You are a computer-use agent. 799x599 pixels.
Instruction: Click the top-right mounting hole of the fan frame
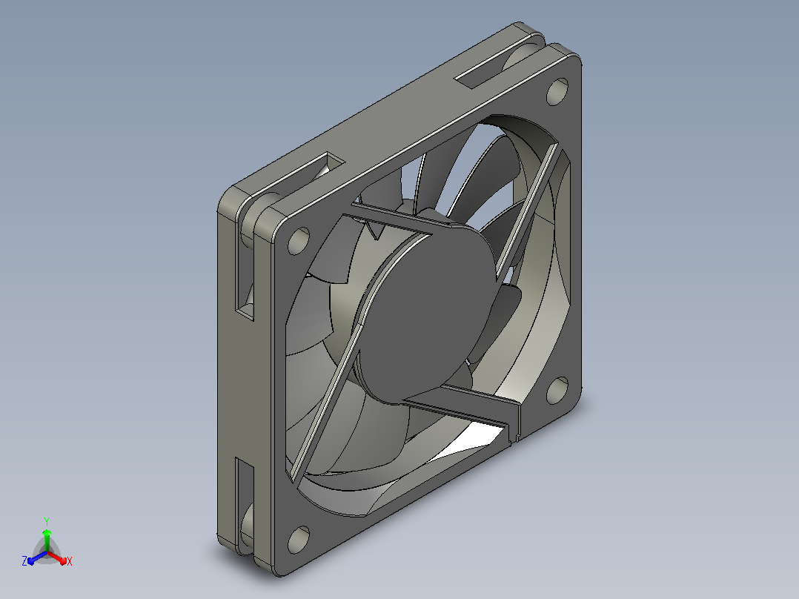click(557, 92)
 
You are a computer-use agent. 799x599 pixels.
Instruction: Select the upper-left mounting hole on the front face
click(299, 241)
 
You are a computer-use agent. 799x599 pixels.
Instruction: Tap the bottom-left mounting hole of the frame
click(299, 540)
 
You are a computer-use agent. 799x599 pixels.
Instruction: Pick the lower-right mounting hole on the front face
click(557, 391)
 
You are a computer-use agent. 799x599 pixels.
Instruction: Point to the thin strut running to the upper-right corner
click(528, 211)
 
